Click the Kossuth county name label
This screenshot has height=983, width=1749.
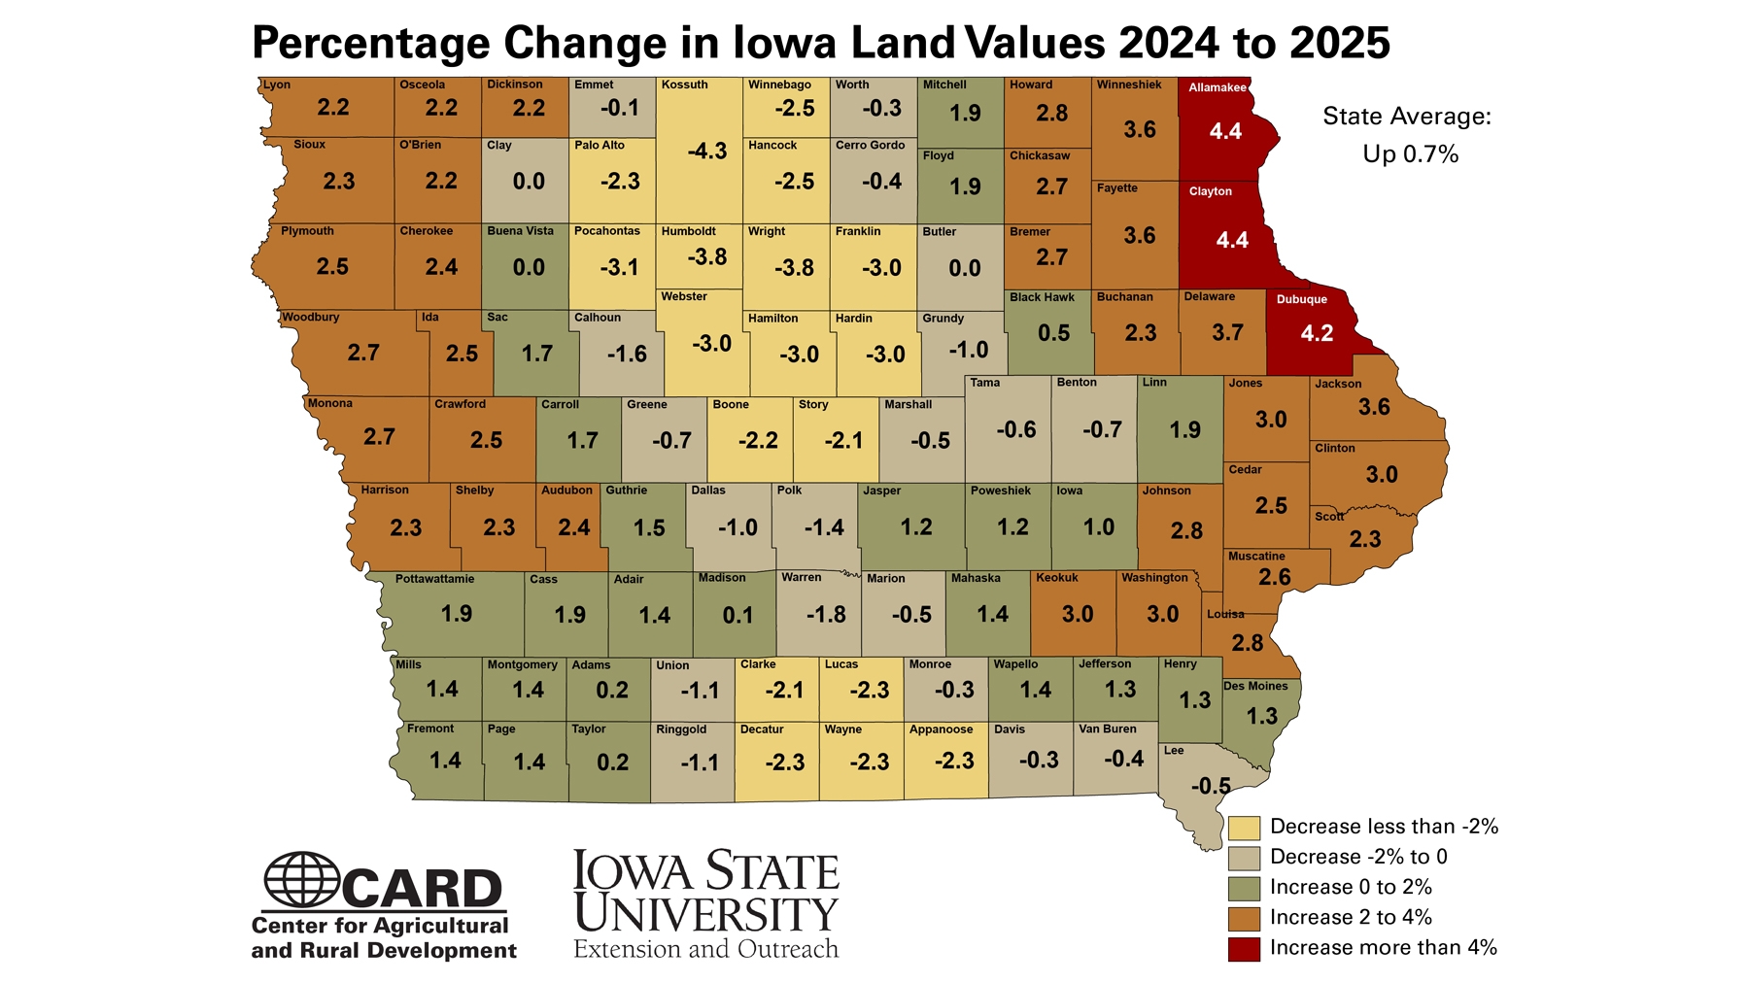(684, 85)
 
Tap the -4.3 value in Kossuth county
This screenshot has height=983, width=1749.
(706, 151)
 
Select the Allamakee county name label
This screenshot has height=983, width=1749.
(1217, 87)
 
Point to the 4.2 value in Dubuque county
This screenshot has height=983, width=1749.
(1317, 333)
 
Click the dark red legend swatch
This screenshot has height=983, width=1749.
(1244, 948)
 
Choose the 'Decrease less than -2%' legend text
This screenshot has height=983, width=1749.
(1384, 827)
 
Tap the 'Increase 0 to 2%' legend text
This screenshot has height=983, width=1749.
(1351, 887)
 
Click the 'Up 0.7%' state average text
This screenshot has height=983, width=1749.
(1410, 154)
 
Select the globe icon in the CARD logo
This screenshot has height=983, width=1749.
(301, 879)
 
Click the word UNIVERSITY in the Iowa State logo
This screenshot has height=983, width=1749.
(705, 913)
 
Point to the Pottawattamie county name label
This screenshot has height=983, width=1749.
(434, 579)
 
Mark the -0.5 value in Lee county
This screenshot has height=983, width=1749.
(1211, 786)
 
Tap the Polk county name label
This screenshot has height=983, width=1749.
(789, 491)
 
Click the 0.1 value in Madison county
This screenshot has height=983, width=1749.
(737, 615)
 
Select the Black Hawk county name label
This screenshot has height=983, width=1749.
(1042, 297)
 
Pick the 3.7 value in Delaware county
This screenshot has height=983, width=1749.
(1227, 333)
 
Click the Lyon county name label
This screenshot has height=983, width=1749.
(277, 85)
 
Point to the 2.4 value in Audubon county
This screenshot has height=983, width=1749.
(573, 527)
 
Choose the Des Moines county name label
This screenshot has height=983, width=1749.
(1255, 686)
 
